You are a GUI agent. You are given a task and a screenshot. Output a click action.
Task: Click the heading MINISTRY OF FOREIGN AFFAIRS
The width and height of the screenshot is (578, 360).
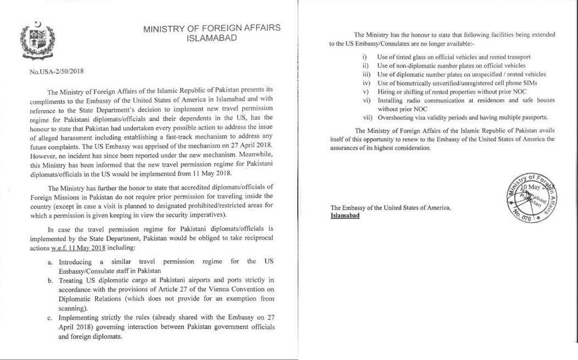(212, 29)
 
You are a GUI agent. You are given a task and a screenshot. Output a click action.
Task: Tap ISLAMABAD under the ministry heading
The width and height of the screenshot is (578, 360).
(212, 38)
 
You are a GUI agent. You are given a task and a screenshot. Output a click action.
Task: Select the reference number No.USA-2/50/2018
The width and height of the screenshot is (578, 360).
(57, 71)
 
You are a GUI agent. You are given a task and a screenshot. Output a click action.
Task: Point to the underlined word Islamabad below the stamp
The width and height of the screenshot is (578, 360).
(345, 215)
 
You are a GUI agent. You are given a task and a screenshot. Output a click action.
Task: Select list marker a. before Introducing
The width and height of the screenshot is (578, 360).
(50, 261)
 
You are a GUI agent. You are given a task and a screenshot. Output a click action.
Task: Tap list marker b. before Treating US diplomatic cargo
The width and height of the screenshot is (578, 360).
(50, 280)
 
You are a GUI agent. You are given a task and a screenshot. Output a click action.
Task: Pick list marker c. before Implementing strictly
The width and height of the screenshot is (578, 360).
(50, 318)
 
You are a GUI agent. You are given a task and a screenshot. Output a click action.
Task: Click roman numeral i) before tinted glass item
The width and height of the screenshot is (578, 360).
(365, 57)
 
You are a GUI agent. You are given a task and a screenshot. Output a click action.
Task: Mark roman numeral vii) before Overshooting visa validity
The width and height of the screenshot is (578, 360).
(367, 118)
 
